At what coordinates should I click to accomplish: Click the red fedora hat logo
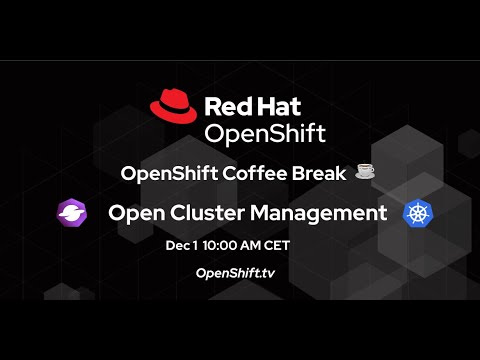pyautogui.click(x=173, y=106)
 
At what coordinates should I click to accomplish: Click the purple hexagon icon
pyautogui.click(x=73, y=213)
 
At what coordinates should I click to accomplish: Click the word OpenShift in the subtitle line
pyautogui.click(x=162, y=173)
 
